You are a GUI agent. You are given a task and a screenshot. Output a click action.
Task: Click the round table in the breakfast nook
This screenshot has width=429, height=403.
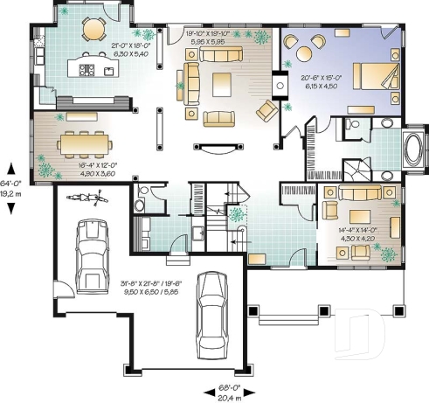click(92, 30)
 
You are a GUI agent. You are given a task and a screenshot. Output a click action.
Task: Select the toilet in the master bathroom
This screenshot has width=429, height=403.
click(351, 126)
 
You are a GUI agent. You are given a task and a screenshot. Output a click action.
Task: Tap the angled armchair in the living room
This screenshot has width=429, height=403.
click(266, 109)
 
